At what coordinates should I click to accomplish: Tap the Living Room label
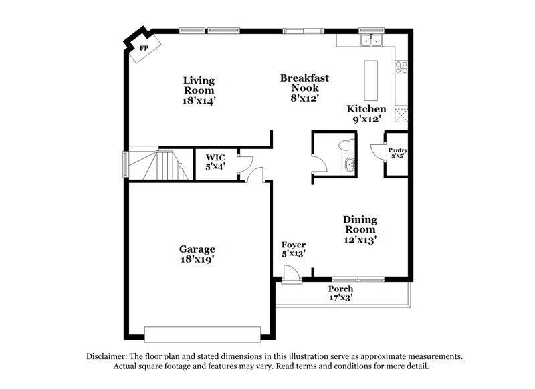point(199,90)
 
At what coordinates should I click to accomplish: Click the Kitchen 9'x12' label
point(366,114)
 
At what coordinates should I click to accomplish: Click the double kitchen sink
point(370,41)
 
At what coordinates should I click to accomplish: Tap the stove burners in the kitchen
point(403,67)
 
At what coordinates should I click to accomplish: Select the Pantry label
point(397,154)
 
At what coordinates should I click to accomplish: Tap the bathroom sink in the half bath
point(348,165)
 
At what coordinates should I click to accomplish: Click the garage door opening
point(202,333)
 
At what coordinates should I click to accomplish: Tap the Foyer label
point(294,249)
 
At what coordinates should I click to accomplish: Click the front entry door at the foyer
point(290,274)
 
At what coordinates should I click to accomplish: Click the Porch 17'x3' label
point(340,293)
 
